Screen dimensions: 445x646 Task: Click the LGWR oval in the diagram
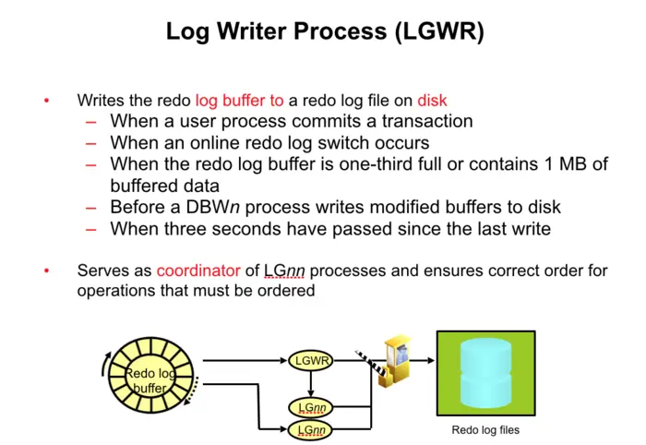pyautogui.click(x=311, y=361)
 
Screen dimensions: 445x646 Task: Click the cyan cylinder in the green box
pyautogui.click(x=484, y=374)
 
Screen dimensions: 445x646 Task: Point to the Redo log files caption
pyautogui.click(x=484, y=430)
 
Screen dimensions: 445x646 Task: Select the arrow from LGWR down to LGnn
pyautogui.click(x=311, y=383)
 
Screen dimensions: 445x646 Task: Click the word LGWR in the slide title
pyautogui.click(x=435, y=31)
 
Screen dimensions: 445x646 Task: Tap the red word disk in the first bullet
pyautogui.click(x=433, y=100)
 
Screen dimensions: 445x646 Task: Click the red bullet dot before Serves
pyautogui.click(x=46, y=271)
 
